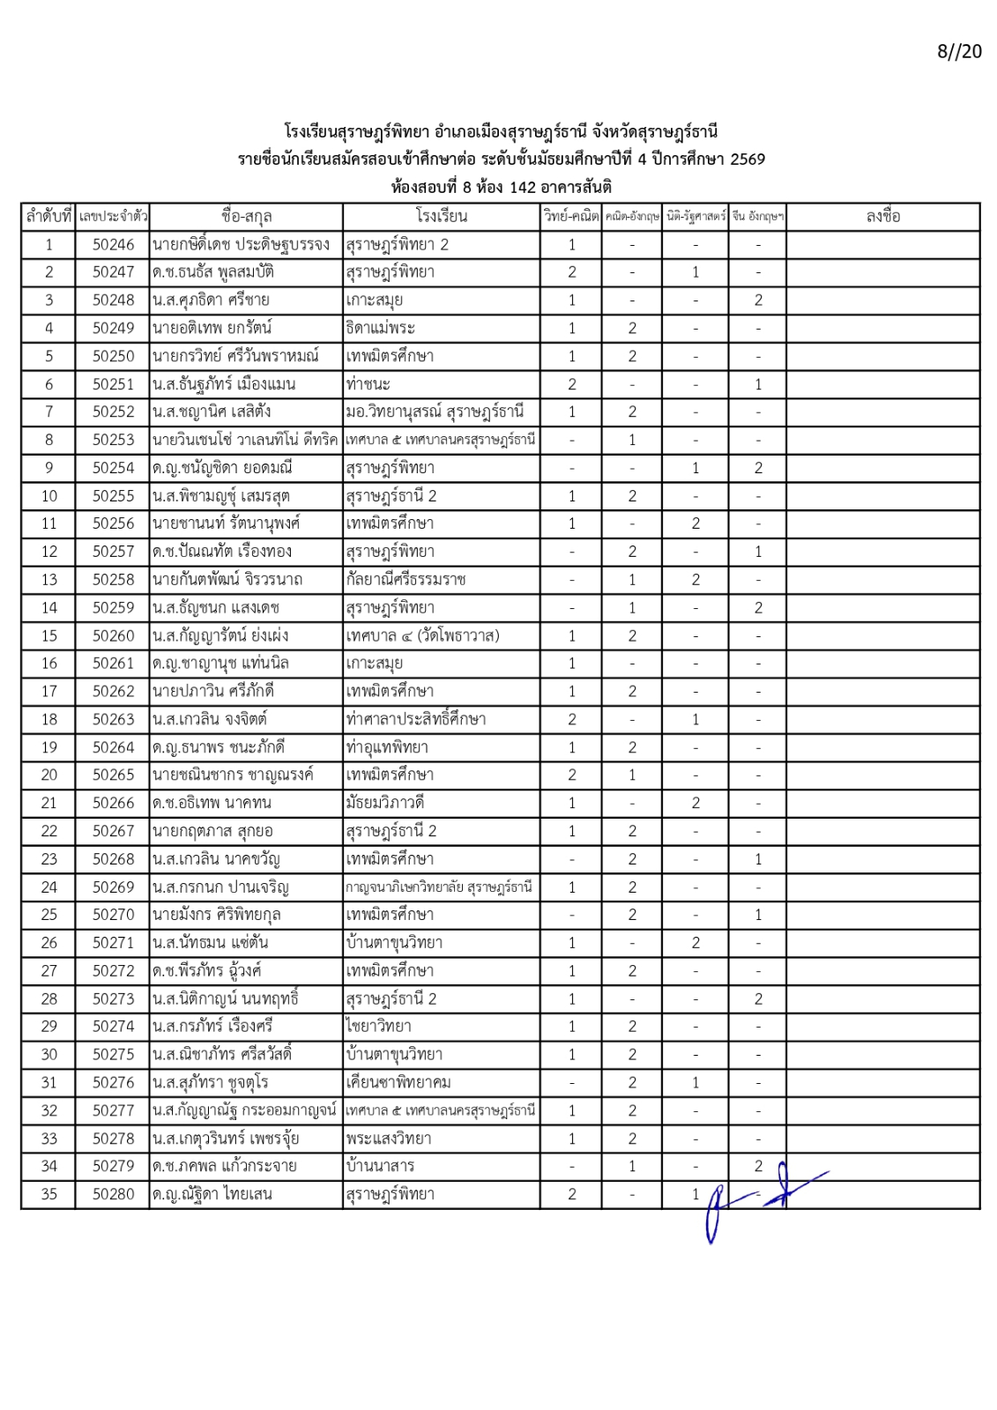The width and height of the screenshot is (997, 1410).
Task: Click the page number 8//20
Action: pos(958,51)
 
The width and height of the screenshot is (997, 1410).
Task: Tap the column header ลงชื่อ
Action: pos(882,217)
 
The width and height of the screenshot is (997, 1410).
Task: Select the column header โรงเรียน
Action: pos(441,217)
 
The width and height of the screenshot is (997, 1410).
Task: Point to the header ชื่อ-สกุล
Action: pos(246,217)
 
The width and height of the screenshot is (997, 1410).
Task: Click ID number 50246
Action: pos(114,245)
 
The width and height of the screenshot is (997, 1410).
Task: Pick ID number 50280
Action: pos(114,1195)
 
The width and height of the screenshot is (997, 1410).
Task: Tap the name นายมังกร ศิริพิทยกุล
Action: pos(216,915)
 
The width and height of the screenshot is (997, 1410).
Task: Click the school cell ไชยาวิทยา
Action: pos(379,1027)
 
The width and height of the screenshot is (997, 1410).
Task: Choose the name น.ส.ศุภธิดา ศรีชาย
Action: pos(211,301)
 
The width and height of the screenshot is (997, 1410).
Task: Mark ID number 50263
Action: pos(114,719)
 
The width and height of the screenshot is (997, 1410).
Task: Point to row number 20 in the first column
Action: pos(49,775)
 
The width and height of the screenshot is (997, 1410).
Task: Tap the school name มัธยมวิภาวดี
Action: pos(387,803)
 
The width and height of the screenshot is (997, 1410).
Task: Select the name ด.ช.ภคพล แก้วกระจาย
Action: pos(224,1167)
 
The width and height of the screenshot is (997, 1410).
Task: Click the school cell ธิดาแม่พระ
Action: pos(380,329)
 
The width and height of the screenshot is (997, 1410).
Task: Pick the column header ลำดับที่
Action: pos(49,217)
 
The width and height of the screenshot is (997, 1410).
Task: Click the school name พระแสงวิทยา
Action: pos(389,1139)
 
